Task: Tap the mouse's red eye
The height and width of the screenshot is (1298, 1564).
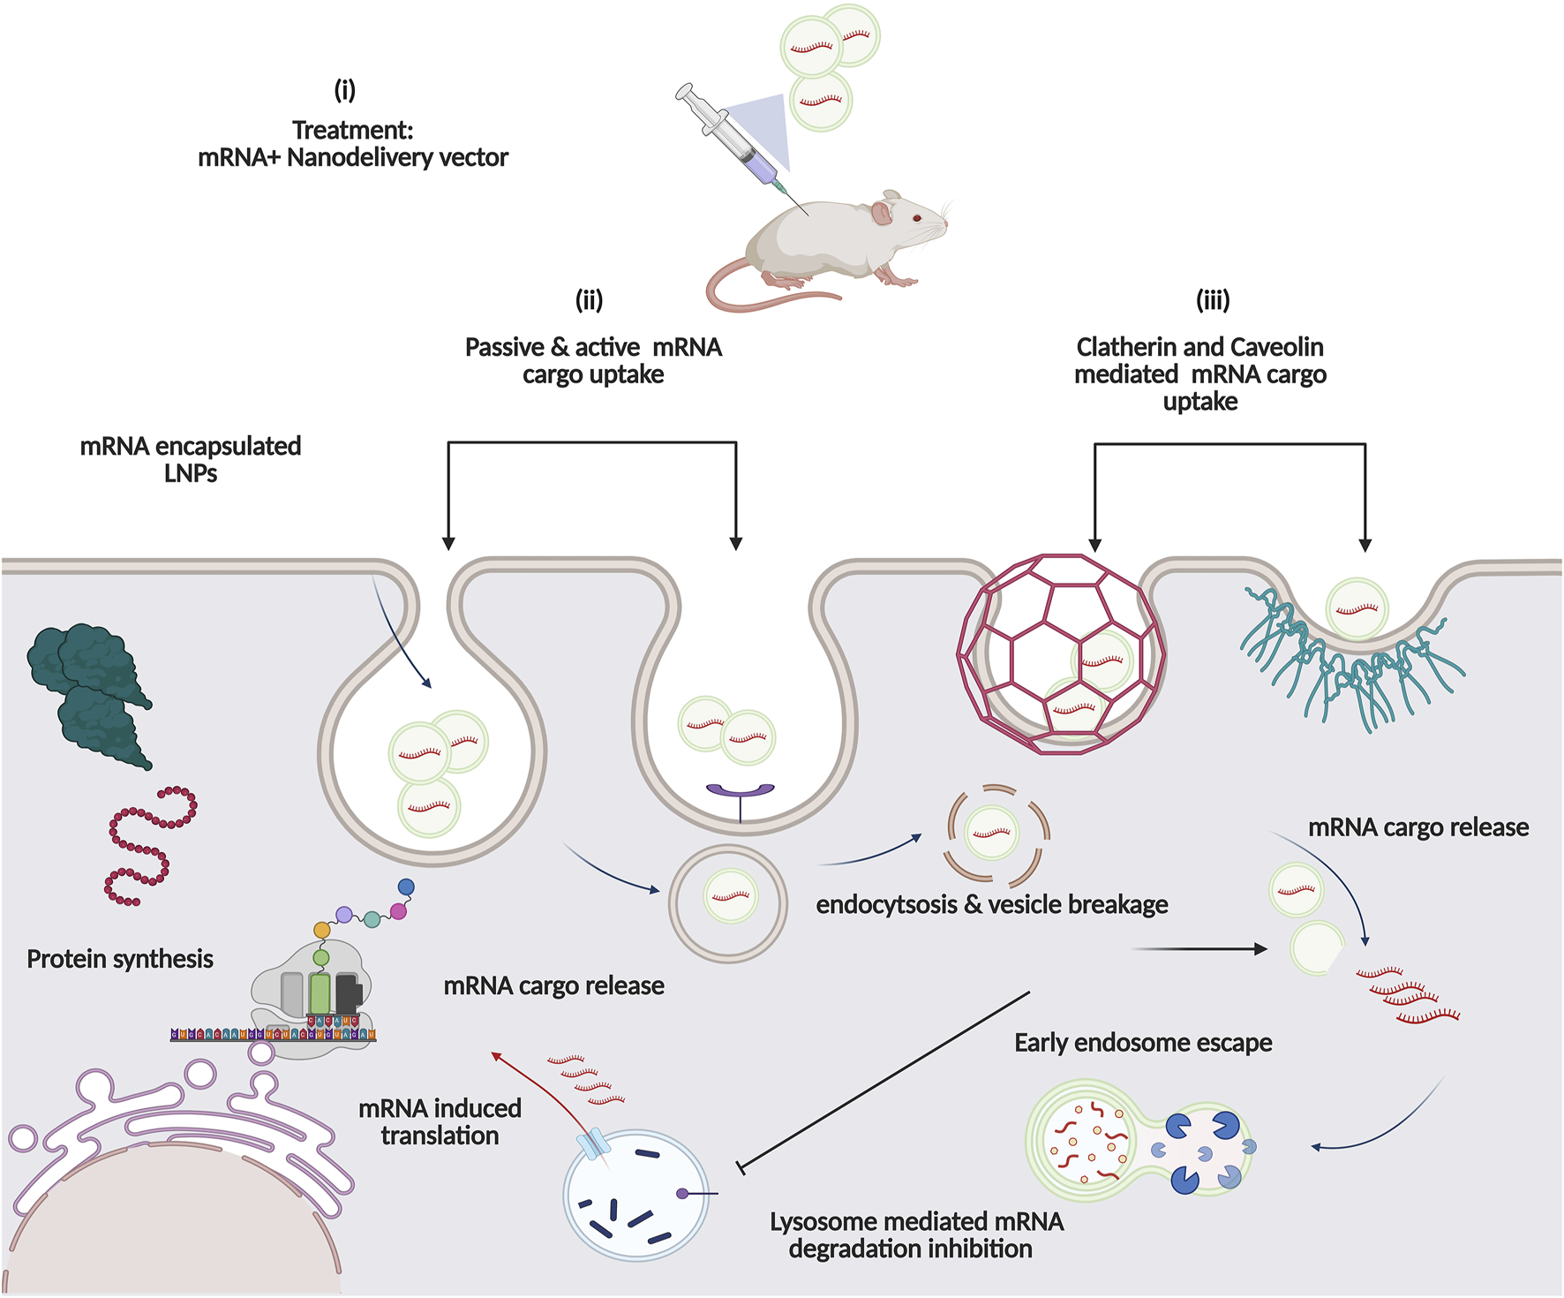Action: pos(918,218)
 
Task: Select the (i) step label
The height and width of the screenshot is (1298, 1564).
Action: pos(344,89)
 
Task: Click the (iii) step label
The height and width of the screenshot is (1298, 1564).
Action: pos(1213,300)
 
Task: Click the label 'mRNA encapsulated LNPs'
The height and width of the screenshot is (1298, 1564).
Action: pos(191,459)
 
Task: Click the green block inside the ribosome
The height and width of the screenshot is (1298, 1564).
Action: pos(320,993)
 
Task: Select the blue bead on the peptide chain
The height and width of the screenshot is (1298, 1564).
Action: pos(406,887)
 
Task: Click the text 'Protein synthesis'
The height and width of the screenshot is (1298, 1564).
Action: pos(120,959)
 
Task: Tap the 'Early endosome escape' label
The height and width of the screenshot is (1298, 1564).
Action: pos(1143,1043)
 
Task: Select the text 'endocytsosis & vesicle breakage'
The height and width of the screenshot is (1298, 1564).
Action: pos(991,905)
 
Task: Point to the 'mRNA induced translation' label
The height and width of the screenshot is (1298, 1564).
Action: pos(440,1121)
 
